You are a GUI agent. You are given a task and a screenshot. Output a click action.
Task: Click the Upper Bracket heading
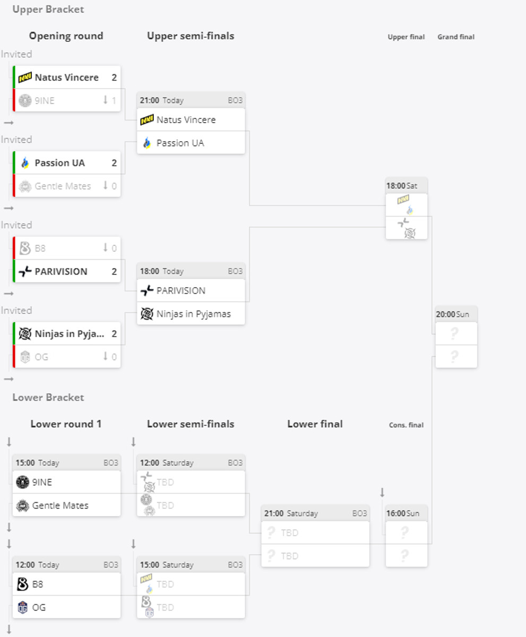coord(48,10)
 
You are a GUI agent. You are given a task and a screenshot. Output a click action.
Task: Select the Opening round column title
coord(66,36)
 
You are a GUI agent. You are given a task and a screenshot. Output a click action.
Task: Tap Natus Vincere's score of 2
coord(114,78)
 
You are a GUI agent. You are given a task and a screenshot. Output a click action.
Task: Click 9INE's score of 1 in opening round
coord(114,100)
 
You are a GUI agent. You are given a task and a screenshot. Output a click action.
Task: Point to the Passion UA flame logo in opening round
coord(25,163)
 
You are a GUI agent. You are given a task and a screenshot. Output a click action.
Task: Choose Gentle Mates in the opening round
coord(63,186)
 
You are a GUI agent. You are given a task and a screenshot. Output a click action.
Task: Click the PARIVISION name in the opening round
coord(61,272)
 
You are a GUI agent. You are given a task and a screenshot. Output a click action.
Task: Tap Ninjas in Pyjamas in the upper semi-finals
coord(193,314)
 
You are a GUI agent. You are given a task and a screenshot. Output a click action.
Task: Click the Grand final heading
coord(456,37)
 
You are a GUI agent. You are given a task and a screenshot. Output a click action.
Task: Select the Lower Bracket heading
coord(48,398)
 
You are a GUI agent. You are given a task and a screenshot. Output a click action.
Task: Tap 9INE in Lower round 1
coord(42,483)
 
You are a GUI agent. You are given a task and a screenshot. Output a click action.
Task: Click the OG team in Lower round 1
coord(39,607)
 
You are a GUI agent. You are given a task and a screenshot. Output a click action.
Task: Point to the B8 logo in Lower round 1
coord(22,584)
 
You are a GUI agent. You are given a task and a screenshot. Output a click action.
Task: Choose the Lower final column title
coord(315,424)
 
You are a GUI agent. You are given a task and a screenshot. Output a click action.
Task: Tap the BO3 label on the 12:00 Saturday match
coord(235,463)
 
